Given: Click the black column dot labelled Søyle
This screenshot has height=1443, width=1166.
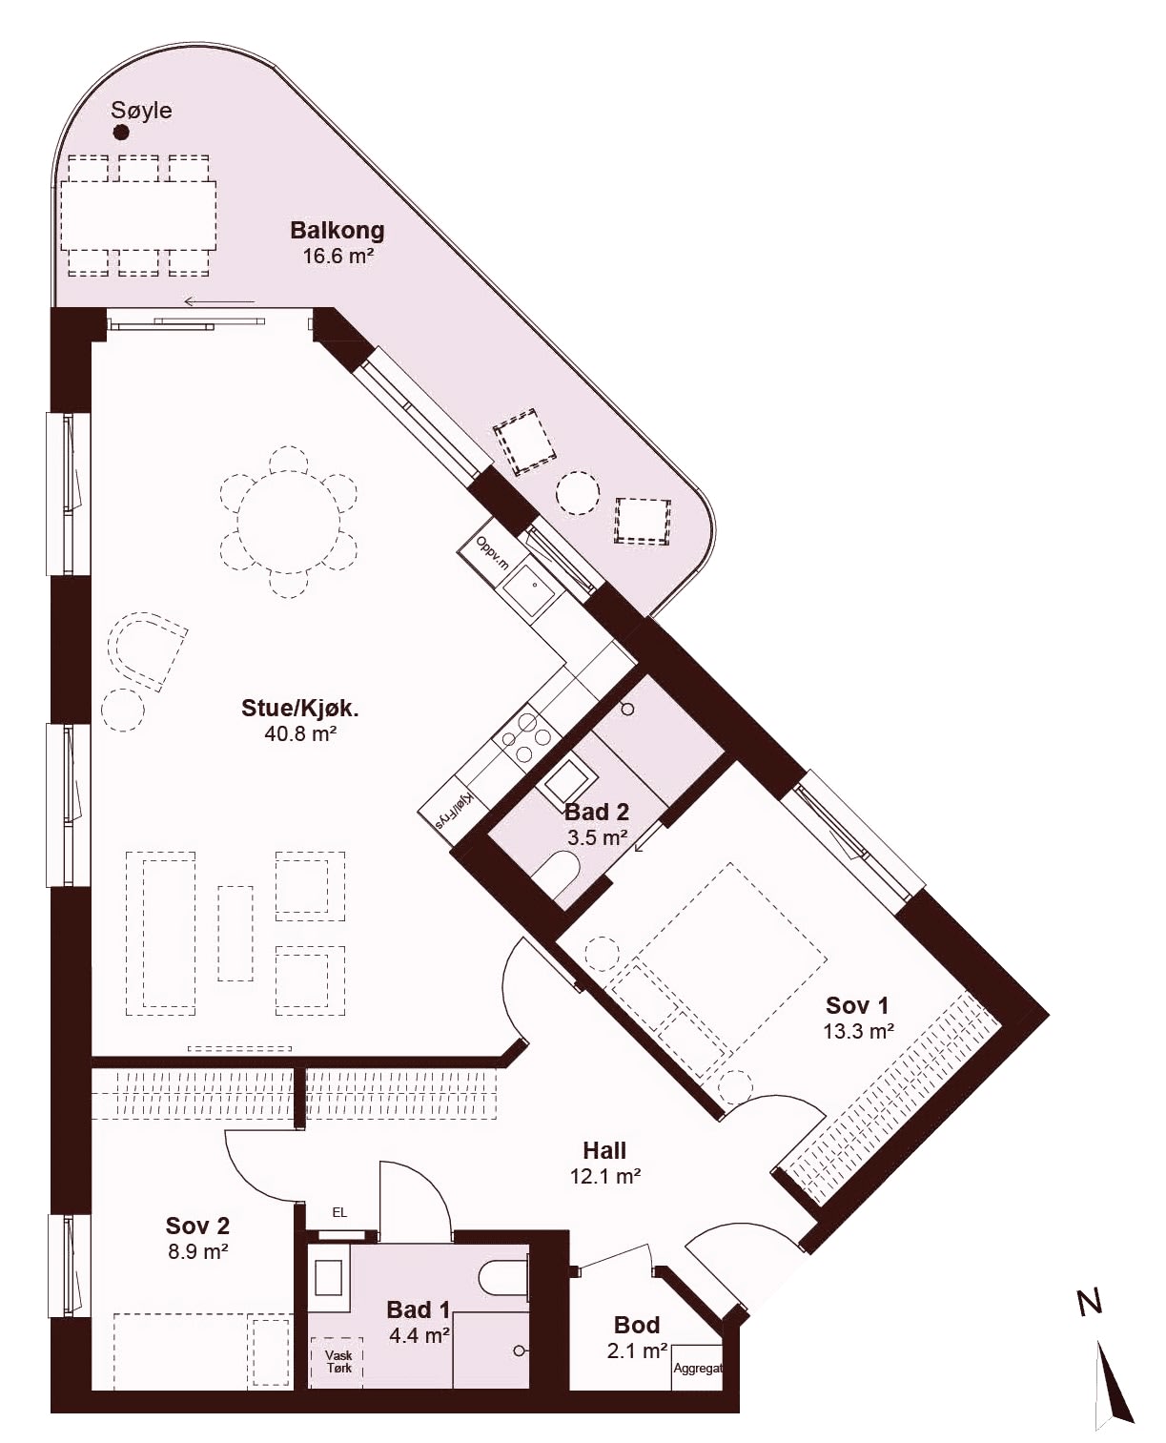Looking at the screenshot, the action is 121,133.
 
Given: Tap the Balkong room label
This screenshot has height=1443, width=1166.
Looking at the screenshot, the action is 338,231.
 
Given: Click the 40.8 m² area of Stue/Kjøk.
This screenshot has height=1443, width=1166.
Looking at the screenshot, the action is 300,733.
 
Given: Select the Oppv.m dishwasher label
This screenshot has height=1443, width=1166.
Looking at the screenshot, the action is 492,551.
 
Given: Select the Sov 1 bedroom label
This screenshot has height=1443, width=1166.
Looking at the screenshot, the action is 856,1004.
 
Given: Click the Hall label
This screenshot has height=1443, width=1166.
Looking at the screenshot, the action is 604,1150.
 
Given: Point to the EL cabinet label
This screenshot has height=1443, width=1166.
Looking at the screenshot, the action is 339,1212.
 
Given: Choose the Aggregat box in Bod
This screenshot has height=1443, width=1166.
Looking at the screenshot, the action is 698,1368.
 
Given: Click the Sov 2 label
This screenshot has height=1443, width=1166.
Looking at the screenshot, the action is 197,1226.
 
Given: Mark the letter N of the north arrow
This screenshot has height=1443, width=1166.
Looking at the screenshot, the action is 1090,1302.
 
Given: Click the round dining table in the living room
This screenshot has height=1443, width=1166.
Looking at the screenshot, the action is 289,523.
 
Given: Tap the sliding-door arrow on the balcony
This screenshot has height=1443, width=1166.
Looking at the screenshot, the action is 219,301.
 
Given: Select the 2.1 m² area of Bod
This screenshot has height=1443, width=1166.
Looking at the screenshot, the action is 637,1351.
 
